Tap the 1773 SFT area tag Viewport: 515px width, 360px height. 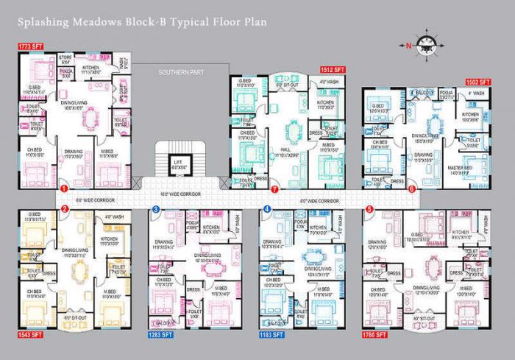pos(29,46)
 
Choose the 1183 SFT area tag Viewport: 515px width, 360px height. pos(274,336)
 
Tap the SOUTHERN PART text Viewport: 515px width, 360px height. pos(180,73)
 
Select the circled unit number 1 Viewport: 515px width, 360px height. pos(65,189)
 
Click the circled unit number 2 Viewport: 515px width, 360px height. pos(65,210)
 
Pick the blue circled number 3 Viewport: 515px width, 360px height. pos(156,210)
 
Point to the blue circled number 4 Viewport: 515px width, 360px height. pos(266,210)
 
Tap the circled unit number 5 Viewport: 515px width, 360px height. pos(369,210)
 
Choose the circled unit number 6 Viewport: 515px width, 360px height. pos(411,189)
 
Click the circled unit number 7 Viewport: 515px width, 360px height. pos(274,189)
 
